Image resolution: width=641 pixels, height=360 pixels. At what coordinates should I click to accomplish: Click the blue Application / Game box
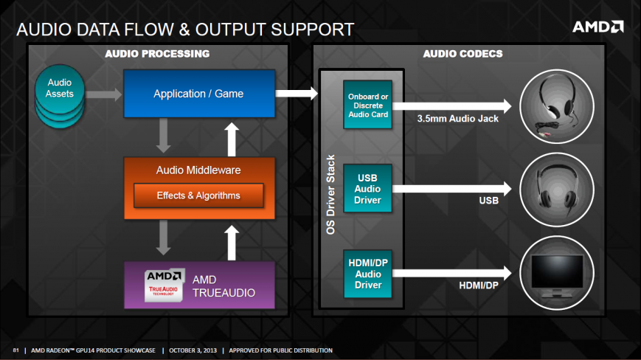[198, 94]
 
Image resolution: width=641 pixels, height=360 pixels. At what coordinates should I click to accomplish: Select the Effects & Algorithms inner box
[198, 195]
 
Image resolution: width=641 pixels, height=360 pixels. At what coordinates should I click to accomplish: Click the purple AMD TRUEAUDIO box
[198, 285]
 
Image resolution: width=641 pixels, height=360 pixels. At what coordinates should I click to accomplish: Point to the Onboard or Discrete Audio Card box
[368, 105]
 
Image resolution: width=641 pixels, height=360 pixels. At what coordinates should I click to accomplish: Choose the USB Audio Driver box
[368, 189]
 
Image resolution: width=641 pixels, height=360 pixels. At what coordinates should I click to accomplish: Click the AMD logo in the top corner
[597, 27]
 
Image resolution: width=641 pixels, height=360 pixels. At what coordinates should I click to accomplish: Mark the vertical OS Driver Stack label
[330, 195]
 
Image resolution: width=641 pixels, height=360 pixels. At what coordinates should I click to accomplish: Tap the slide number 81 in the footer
[15, 350]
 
